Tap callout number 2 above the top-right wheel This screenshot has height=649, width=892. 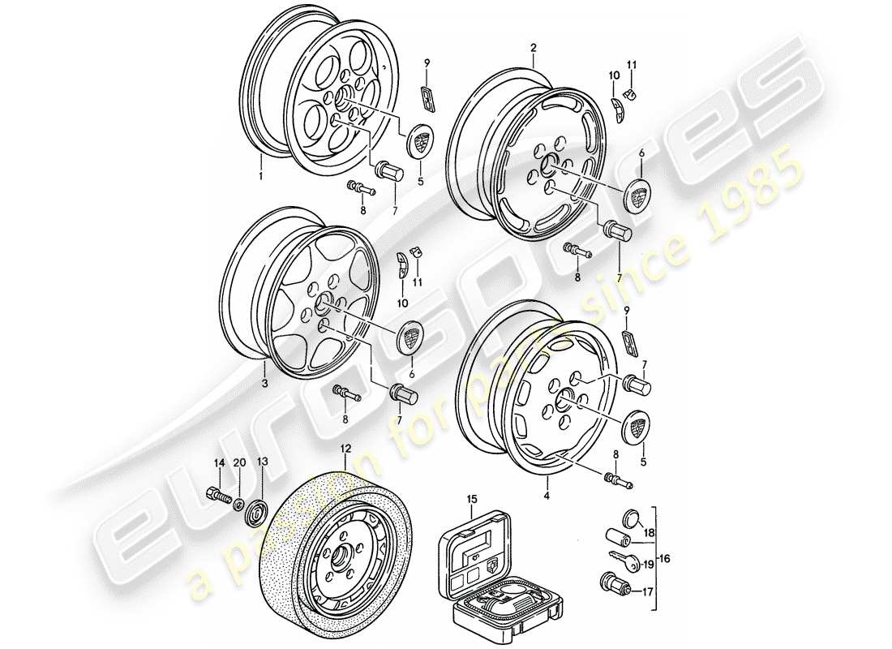(534, 48)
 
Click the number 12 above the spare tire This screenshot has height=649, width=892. (346, 448)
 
